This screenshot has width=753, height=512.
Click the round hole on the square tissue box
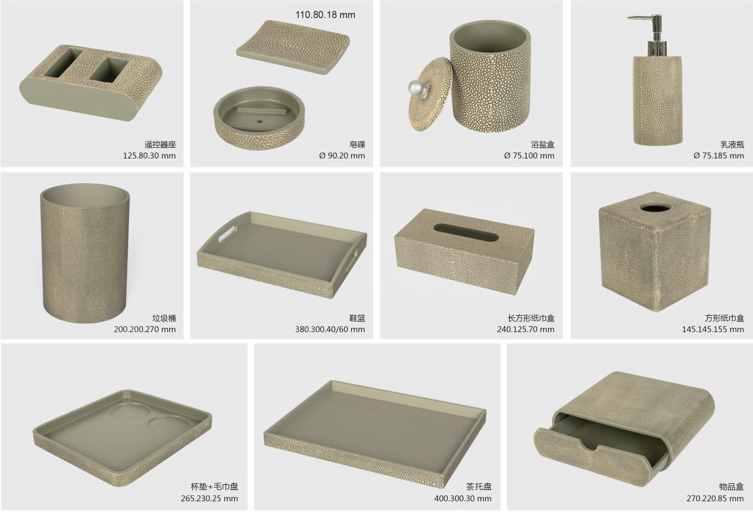coord(655,207)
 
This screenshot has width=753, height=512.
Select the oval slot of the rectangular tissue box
coord(466,232)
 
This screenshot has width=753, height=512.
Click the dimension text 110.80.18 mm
coord(325,15)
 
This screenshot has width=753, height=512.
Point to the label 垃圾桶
coord(164,318)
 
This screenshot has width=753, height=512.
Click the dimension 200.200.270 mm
coord(145,329)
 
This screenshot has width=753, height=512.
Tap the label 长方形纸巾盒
coord(531,318)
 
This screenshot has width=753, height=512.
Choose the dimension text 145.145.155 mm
coord(712,329)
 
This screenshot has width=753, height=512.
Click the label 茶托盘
coord(478,487)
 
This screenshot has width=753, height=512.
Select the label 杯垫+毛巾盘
coord(215,487)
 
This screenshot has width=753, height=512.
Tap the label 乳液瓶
coord(732,144)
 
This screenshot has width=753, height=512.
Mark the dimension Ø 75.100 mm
coord(529,156)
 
